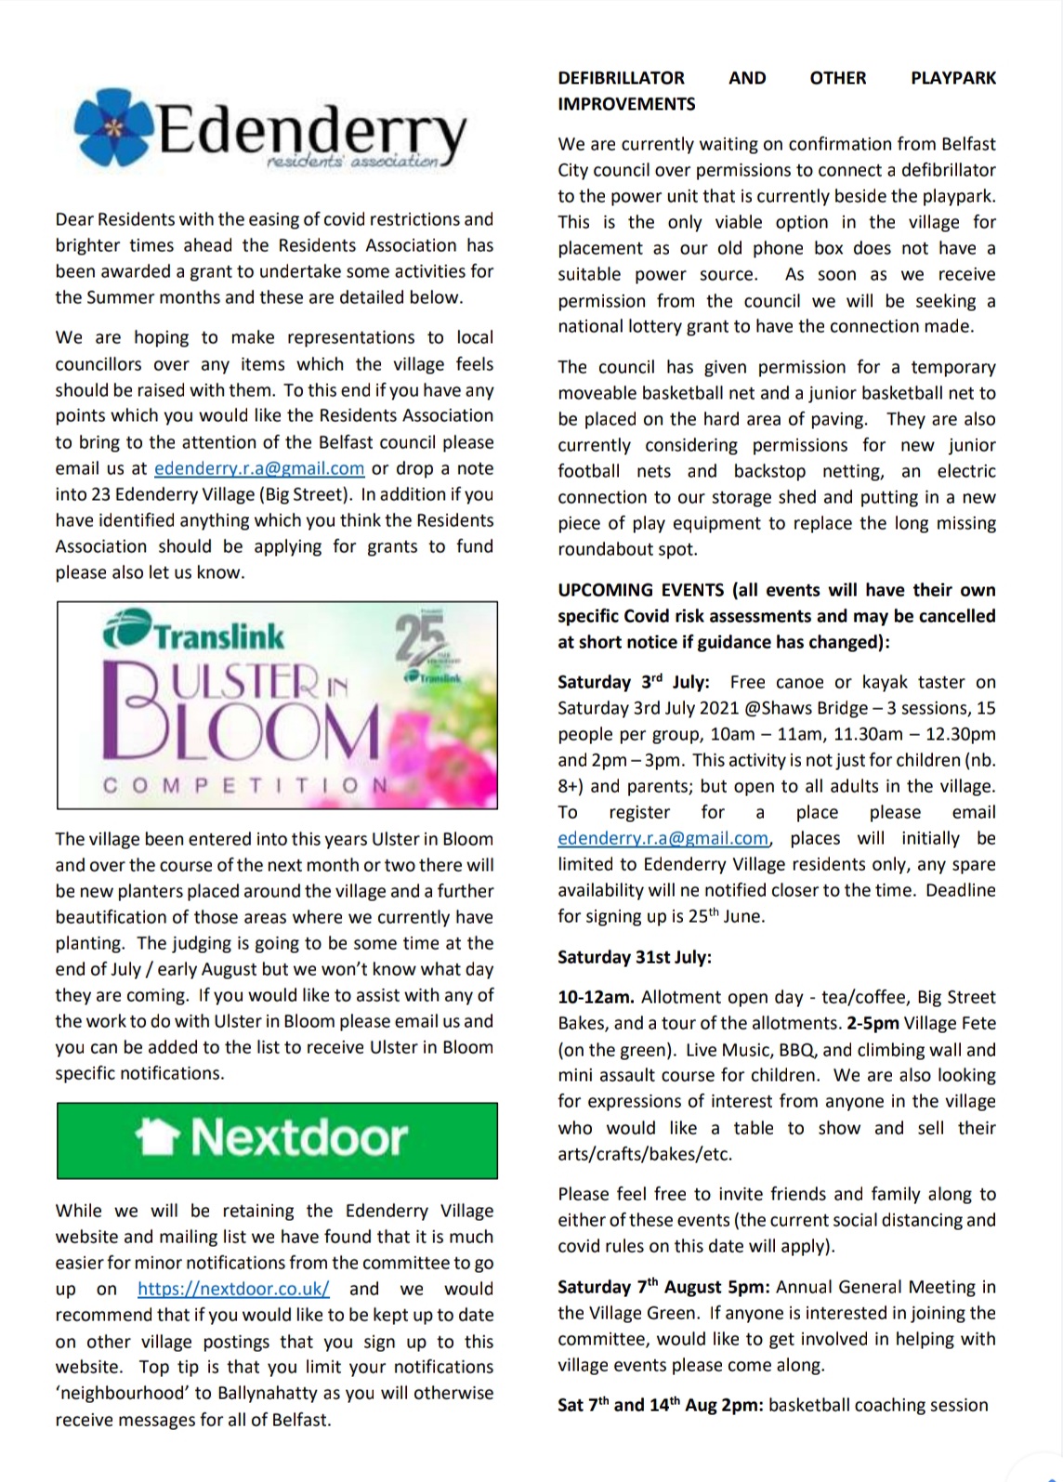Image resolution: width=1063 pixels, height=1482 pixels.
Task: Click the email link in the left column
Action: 259,468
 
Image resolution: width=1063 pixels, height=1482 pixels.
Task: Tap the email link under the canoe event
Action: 663,838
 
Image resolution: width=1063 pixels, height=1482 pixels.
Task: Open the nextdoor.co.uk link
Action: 233,1289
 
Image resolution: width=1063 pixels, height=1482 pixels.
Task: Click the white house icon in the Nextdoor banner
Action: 157,1138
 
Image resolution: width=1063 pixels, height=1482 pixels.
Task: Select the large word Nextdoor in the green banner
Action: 299,1138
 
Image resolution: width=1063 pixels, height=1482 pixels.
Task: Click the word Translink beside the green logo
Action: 219,636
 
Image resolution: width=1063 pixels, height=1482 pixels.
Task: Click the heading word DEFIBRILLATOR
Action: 621,78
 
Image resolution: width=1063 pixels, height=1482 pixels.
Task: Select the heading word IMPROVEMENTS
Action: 626,104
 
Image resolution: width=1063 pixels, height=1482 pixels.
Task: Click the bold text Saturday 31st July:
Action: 635,957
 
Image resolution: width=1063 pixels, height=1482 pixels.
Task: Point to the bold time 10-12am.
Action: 596,997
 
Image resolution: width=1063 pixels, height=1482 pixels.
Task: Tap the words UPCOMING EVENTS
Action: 640,590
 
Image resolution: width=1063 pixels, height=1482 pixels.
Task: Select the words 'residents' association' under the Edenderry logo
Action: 351,163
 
